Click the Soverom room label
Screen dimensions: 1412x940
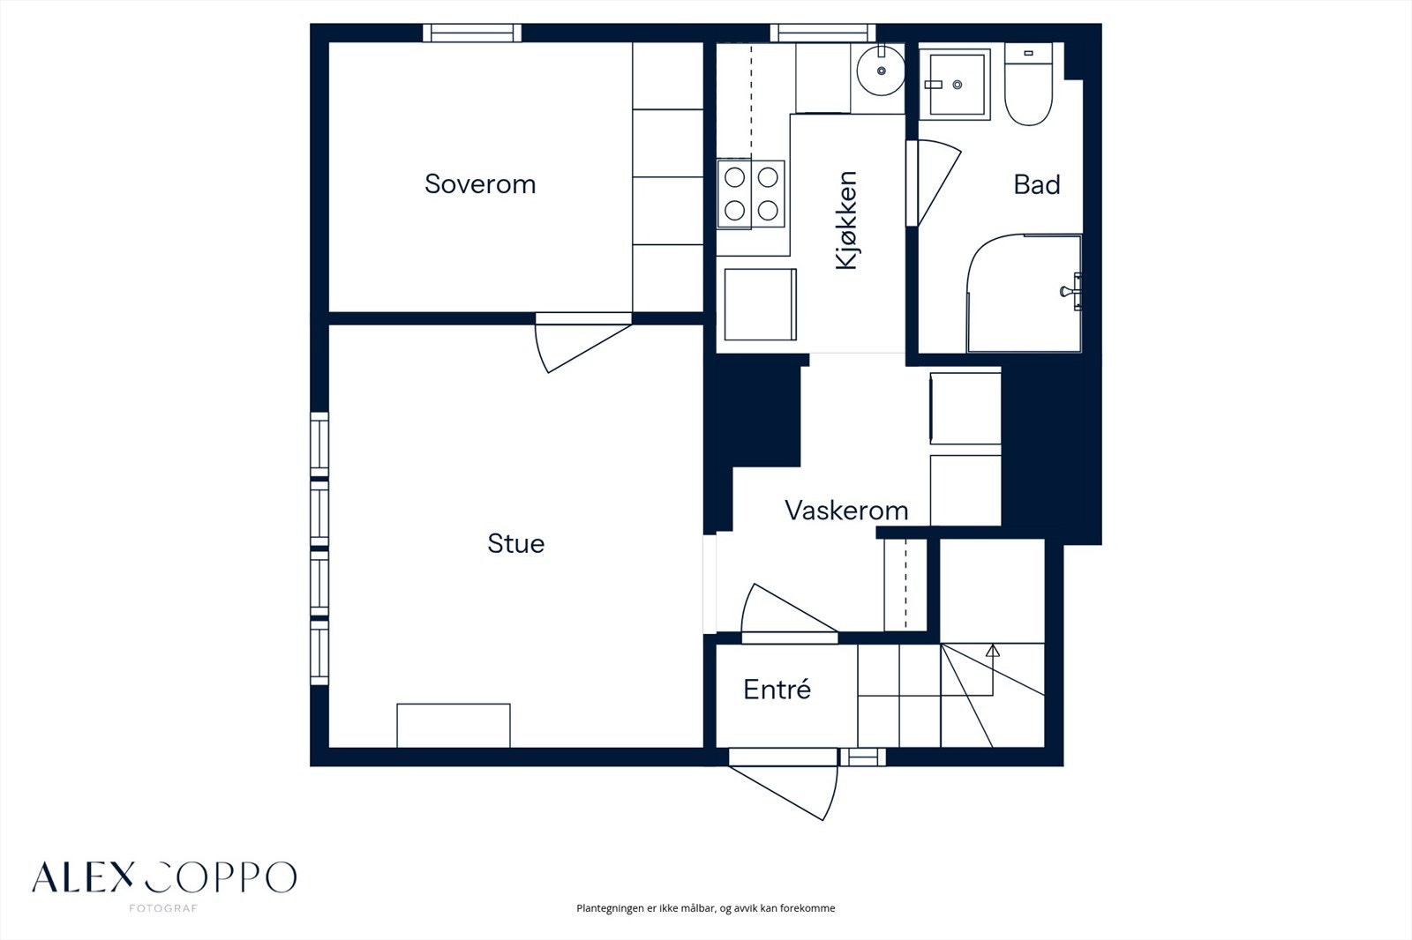tap(480, 184)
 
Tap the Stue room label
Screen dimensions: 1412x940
tap(515, 544)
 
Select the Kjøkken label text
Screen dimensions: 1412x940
tap(846, 220)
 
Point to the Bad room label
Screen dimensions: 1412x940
tap(1036, 184)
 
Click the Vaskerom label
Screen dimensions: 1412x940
tap(846, 511)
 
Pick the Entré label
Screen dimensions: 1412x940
tap(777, 690)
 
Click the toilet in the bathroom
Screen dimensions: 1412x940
tap(1028, 85)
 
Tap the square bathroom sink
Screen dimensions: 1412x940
tap(955, 85)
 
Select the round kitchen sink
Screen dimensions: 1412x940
tap(881, 71)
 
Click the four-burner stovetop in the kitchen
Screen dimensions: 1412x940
tap(751, 194)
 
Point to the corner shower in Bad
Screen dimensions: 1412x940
tap(1025, 294)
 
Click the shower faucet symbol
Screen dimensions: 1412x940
tap(1071, 292)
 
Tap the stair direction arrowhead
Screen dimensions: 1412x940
tap(993, 651)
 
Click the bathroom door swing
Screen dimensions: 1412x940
tap(935, 183)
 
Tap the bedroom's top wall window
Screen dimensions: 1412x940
tap(471, 33)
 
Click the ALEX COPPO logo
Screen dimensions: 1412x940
tap(164, 877)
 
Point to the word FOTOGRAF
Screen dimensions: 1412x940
tap(163, 908)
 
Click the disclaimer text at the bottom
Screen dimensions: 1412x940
tap(705, 908)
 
